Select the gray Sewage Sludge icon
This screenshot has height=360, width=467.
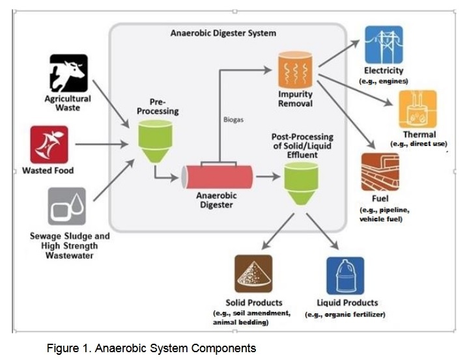click(67, 206)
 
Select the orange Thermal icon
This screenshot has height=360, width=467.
click(417, 109)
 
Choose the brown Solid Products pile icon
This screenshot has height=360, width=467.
click(253, 274)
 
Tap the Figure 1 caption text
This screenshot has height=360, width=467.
click(151, 348)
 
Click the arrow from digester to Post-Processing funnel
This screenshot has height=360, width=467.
click(266, 176)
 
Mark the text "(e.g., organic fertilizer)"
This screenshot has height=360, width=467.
click(345, 315)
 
